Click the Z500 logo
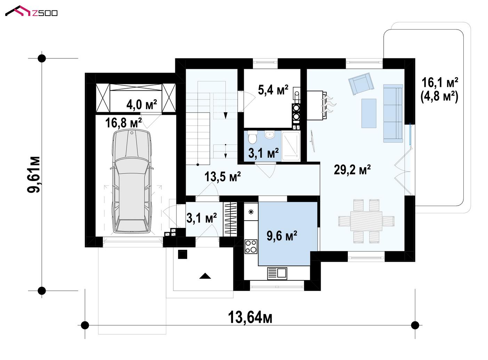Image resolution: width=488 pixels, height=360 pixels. point(31,11)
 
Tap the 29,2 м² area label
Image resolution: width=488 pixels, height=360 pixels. point(352,170)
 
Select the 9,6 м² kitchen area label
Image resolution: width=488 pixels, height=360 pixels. point(282,236)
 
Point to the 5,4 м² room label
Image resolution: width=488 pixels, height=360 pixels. point(273,90)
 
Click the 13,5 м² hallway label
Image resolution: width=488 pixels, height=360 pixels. point(223,177)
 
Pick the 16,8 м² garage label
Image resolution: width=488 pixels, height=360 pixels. point(123,123)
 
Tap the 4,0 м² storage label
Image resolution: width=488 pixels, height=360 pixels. point(142,104)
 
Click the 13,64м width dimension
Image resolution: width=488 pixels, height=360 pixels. point(250,318)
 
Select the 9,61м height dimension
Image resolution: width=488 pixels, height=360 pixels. point(33,175)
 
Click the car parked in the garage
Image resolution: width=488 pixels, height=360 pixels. point(131,181)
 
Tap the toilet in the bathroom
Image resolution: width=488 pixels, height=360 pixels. point(252,137)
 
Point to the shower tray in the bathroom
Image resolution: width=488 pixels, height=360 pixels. point(291,146)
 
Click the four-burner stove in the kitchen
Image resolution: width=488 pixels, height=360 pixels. point(251,246)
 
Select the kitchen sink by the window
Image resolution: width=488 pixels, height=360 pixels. point(277,273)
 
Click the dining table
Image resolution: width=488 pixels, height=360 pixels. point(366,221)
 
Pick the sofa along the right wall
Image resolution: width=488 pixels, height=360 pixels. point(393,113)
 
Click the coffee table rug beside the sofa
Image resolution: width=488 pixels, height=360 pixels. point(369,113)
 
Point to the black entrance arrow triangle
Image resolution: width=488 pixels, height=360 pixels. point(205,276)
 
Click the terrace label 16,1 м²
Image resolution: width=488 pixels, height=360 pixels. point(440,83)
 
